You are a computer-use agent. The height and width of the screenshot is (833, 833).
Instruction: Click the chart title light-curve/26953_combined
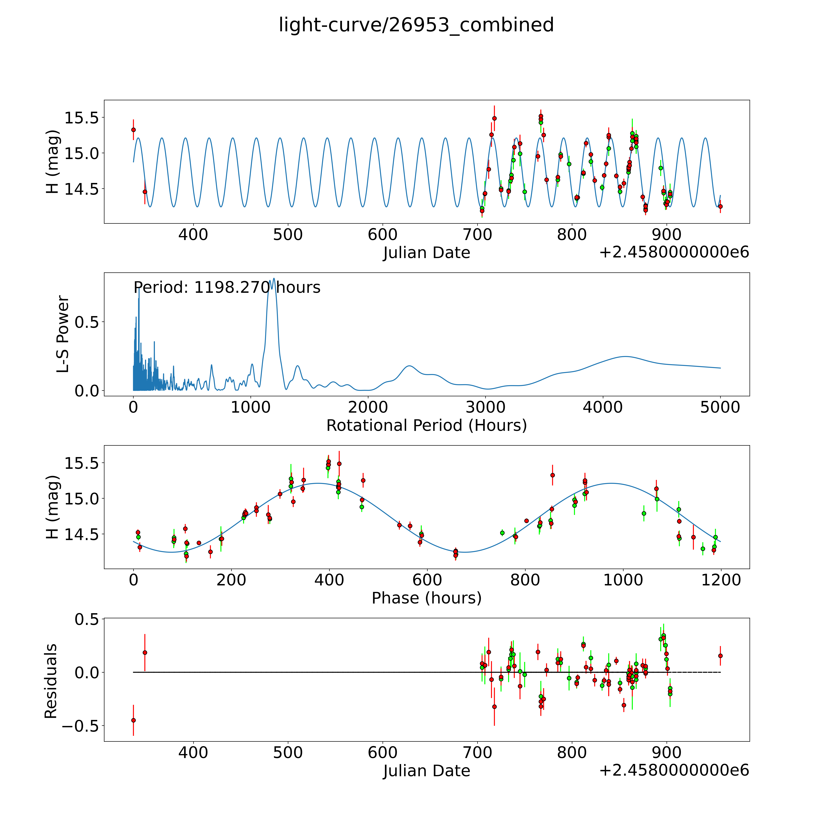(x=416, y=25)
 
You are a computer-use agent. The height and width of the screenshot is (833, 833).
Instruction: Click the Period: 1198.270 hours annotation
(x=227, y=287)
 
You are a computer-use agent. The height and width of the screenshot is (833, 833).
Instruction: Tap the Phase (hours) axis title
(x=426, y=598)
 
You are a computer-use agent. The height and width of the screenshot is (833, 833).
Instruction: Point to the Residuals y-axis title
(x=51, y=681)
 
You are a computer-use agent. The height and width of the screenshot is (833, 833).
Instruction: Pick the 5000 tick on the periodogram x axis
(x=720, y=407)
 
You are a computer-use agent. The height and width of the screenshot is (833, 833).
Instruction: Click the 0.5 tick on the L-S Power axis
(x=87, y=322)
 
